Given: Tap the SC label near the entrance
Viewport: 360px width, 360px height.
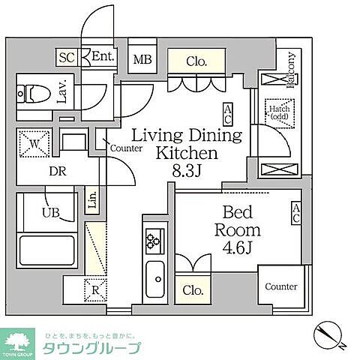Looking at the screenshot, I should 67,56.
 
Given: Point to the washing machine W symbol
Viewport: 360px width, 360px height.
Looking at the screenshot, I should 34,142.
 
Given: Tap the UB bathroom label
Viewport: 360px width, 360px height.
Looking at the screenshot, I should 51,212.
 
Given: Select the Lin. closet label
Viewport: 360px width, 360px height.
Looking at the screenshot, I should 92,199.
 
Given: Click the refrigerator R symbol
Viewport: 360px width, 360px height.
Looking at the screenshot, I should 97,289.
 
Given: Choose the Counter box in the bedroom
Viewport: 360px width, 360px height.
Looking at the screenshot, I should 281,286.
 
